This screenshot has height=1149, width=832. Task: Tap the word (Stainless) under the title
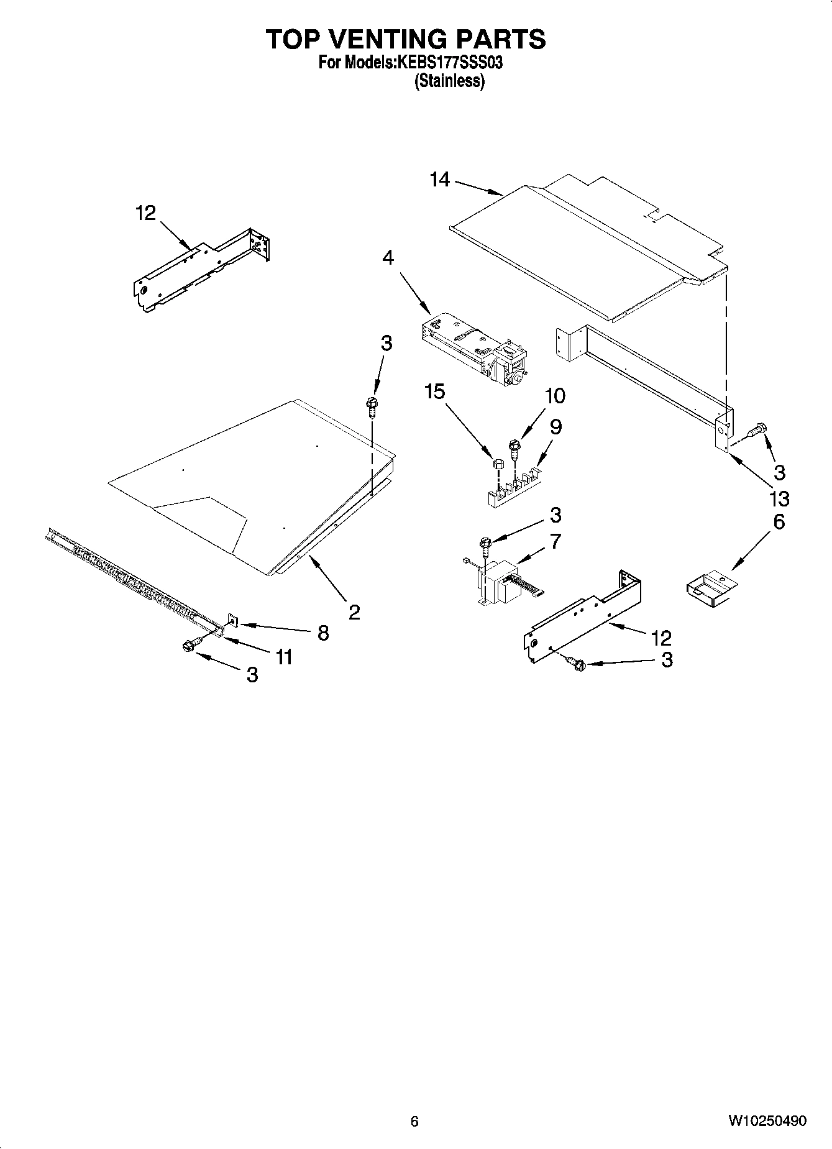(450, 81)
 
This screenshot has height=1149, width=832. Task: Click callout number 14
(439, 180)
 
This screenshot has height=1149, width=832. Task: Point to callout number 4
(388, 257)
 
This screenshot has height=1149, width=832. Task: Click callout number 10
(555, 395)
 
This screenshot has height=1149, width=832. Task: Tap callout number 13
(779, 498)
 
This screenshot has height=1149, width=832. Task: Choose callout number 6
(779, 522)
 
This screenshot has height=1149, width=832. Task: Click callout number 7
(555, 541)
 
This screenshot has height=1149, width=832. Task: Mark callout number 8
(323, 633)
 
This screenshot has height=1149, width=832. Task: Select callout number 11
(284, 657)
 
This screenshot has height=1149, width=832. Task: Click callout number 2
(354, 613)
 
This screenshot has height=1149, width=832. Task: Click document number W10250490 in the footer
(767, 1120)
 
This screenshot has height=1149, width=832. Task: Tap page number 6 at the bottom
(414, 1121)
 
